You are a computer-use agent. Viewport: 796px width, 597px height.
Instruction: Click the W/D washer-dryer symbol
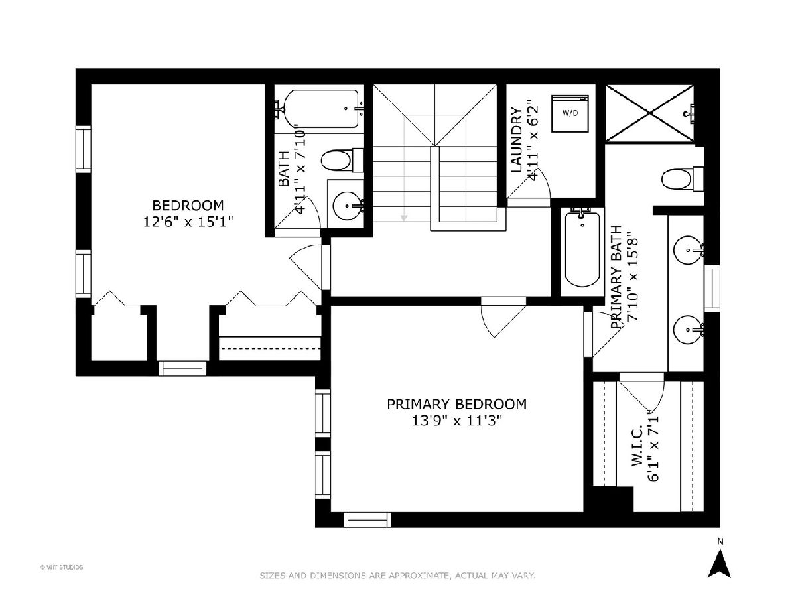click(x=570, y=113)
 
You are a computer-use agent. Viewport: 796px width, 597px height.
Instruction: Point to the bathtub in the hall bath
click(x=322, y=108)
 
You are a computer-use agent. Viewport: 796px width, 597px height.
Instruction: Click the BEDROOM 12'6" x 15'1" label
click(x=188, y=213)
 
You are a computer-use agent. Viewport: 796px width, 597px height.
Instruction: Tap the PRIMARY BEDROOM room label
click(x=456, y=404)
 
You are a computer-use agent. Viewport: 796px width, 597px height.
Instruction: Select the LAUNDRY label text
click(x=516, y=139)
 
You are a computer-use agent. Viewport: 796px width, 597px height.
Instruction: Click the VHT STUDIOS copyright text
click(x=62, y=567)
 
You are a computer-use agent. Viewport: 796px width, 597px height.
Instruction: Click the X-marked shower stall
click(x=649, y=113)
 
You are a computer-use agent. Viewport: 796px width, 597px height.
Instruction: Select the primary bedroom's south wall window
click(x=367, y=520)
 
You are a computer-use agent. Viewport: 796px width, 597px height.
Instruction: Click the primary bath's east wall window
click(x=712, y=288)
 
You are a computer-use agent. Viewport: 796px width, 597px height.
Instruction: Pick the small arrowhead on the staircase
click(x=404, y=218)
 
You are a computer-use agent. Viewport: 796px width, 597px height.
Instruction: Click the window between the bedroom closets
click(x=183, y=368)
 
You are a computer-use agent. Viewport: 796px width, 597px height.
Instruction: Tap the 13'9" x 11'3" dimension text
click(x=457, y=421)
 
